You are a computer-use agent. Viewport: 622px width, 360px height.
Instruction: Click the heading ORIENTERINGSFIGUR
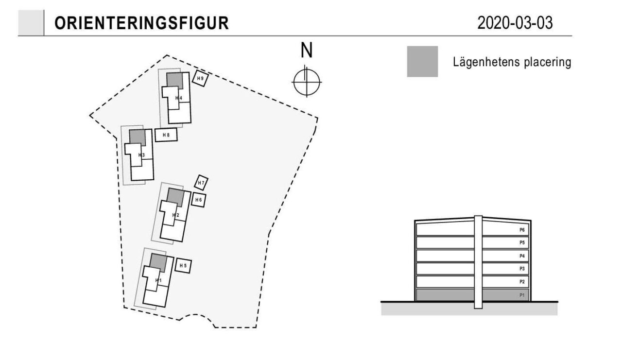[x=141, y=23]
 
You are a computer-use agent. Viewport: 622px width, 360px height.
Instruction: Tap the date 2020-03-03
[x=515, y=23]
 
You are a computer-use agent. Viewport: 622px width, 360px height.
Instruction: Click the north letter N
[x=307, y=50]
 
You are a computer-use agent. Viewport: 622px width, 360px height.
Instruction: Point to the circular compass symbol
[x=307, y=82]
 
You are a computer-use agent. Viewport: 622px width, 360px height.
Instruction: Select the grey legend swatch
[x=422, y=61]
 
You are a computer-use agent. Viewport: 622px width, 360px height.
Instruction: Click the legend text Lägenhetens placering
[x=512, y=62]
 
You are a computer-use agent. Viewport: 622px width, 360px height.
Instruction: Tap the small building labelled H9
[x=201, y=78]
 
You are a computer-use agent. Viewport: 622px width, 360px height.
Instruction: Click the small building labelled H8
[x=166, y=135]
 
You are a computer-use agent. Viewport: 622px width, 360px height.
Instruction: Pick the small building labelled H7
[x=201, y=183]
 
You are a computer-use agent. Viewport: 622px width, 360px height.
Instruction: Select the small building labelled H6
[x=199, y=200]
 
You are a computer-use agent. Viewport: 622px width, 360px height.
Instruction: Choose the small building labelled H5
[x=183, y=266]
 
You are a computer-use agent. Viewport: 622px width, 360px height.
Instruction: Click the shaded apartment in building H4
[x=174, y=81]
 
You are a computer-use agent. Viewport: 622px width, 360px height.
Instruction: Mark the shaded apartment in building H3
[x=138, y=137]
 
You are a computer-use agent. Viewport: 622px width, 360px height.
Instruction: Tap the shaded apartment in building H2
[x=175, y=197]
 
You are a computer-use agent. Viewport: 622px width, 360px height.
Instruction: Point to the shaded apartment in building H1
[x=158, y=262]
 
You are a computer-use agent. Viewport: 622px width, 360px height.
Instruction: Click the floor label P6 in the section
[x=522, y=230]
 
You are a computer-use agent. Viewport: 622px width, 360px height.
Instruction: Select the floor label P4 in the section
[x=522, y=256]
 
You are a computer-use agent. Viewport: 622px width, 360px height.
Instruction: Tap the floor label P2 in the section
[x=522, y=282]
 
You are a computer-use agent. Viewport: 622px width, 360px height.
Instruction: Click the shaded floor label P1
[x=522, y=295]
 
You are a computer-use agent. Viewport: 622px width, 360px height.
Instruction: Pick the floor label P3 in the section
[x=522, y=269]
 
